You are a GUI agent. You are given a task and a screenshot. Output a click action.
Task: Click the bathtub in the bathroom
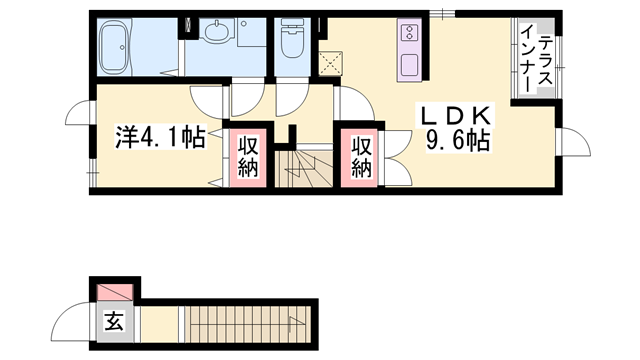click(x=116, y=47)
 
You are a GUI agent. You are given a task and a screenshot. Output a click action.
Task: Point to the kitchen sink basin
click(x=409, y=64)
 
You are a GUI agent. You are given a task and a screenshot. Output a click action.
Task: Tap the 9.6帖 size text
click(x=458, y=141)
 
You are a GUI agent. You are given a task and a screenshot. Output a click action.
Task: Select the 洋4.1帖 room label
click(x=160, y=137)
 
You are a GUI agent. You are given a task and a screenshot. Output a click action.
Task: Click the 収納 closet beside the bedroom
click(x=248, y=158)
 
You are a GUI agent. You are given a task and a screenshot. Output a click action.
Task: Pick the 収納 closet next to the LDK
click(x=360, y=158)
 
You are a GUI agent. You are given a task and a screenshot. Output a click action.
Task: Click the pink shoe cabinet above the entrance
click(x=115, y=292)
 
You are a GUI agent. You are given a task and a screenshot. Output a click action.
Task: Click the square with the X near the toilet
click(x=331, y=64)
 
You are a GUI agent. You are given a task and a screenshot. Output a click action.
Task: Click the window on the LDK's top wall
click(x=442, y=14)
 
